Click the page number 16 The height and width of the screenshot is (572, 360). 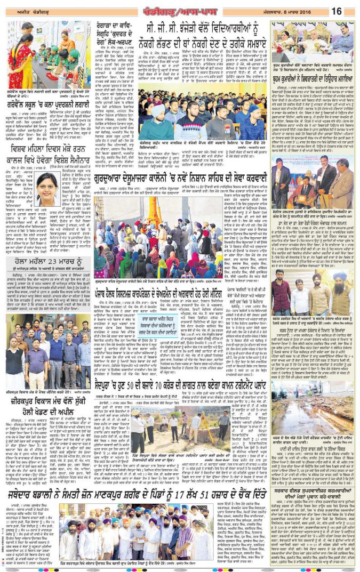click(x=337, y=11)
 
